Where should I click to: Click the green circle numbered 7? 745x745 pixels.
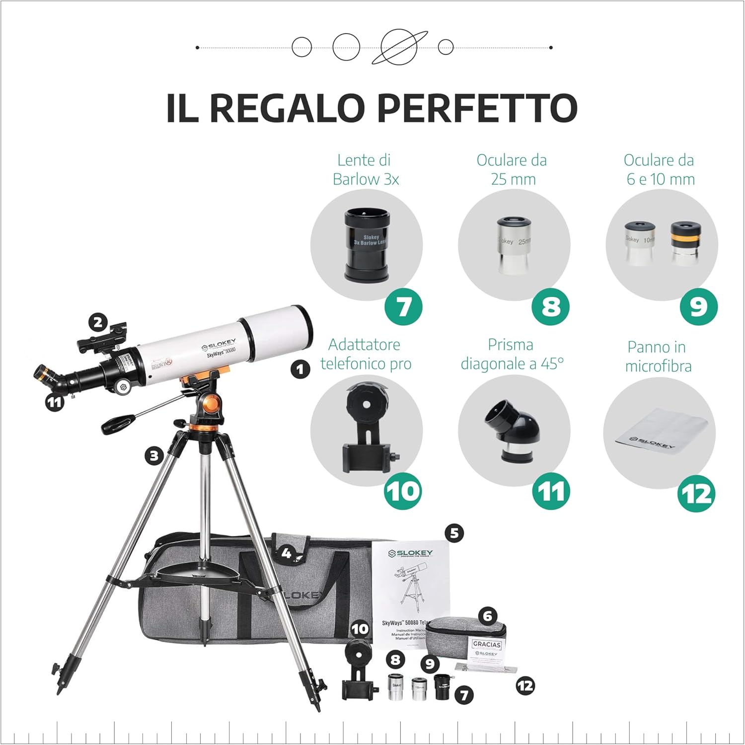coord(403,306)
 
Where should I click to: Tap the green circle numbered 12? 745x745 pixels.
coord(696,494)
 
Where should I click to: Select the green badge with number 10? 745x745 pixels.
coord(403,492)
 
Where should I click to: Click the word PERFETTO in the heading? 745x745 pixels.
coord(477,108)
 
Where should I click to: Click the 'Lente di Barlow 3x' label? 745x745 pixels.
coord(366,169)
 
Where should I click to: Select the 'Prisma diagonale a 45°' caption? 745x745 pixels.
coord(512,354)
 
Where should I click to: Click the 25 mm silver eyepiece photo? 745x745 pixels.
coord(514,245)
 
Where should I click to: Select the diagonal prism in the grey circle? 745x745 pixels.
coord(512,431)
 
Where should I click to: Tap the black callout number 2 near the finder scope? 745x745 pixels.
coord(98,323)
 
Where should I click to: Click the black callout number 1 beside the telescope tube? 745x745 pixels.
coord(300,370)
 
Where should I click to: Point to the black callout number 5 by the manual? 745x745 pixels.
coord(454,533)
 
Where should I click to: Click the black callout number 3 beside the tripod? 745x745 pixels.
coord(154,455)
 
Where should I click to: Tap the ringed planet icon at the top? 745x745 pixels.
coord(399,47)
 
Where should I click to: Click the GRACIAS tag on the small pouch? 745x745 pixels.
coord(487,645)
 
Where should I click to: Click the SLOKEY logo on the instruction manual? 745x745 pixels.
coord(411,553)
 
